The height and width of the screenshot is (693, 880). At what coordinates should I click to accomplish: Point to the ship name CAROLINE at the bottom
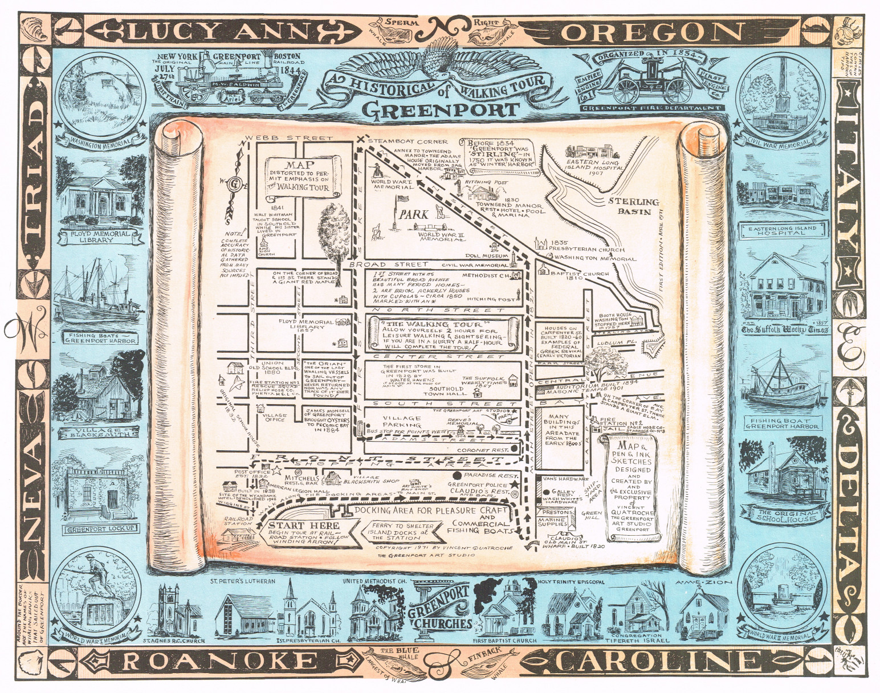(650, 662)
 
